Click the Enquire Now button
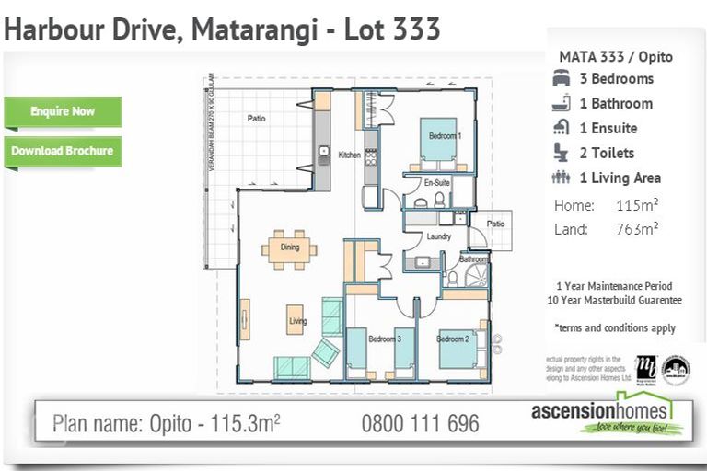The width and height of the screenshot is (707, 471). pyautogui.click(x=63, y=111)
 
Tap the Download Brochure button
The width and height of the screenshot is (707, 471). pyautogui.click(x=63, y=151)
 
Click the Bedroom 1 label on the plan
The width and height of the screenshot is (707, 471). pyautogui.click(x=444, y=136)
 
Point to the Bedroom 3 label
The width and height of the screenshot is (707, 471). pyautogui.click(x=385, y=339)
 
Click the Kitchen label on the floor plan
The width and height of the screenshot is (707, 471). pyautogui.click(x=349, y=155)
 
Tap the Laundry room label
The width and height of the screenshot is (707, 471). pyautogui.click(x=438, y=237)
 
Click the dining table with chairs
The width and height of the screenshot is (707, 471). pyautogui.click(x=289, y=247)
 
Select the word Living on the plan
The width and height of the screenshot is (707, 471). pyautogui.click(x=297, y=321)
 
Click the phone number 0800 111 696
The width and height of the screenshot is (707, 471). pyautogui.click(x=420, y=424)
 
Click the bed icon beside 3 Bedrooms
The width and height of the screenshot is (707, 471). pyautogui.click(x=561, y=79)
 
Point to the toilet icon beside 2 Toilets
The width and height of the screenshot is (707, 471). pyautogui.click(x=561, y=153)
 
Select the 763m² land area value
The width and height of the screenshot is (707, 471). pyautogui.click(x=636, y=229)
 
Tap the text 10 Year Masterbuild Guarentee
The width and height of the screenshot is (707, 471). pyautogui.click(x=614, y=300)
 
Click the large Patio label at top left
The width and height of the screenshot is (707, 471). pyautogui.click(x=256, y=119)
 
